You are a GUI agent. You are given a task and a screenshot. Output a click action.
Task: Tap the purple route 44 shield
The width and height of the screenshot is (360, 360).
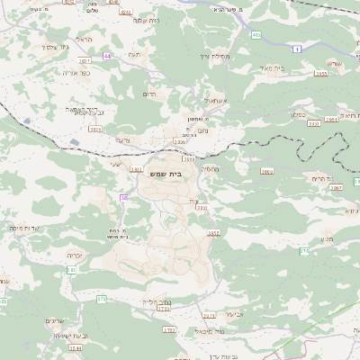click(108, 56)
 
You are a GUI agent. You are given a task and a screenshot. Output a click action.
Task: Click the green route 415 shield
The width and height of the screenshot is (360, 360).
click(257, 34)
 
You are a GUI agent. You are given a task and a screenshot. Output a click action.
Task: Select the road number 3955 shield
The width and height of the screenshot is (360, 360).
click(319, 74)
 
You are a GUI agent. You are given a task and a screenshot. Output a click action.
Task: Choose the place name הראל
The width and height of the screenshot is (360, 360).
click(85, 40)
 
